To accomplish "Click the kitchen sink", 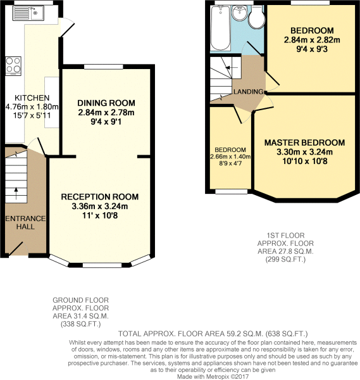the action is (x=28, y=13).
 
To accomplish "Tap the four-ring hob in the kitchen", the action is (x=13, y=66).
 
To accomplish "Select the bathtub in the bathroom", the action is (x=220, y=28).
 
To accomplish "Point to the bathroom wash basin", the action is (x=240, y=13).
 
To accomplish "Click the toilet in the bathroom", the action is (x=257, y=16).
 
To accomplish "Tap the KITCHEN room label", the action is (x=32, y=98).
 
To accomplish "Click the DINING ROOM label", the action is (x=106, y=103).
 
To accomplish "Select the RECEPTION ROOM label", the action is (x=100, y=197).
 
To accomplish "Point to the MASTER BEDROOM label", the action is (x=304, y=142).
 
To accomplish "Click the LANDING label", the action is (x=249, y=92).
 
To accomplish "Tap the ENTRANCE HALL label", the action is (x=25, y=222).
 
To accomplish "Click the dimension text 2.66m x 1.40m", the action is (x=230, y=156).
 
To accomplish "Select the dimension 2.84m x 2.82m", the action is (x=312, y=40).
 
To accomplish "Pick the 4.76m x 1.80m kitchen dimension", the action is (x=32, y=106).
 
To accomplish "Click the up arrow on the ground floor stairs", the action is (x=16, y=193).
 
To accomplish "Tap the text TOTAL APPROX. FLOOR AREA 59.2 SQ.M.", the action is (x=191, y=334).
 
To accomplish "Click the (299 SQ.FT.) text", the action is (x=286, y=259).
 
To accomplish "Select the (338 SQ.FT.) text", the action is (x=80, y=324).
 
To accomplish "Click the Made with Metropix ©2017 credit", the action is (x=213, y=377).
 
